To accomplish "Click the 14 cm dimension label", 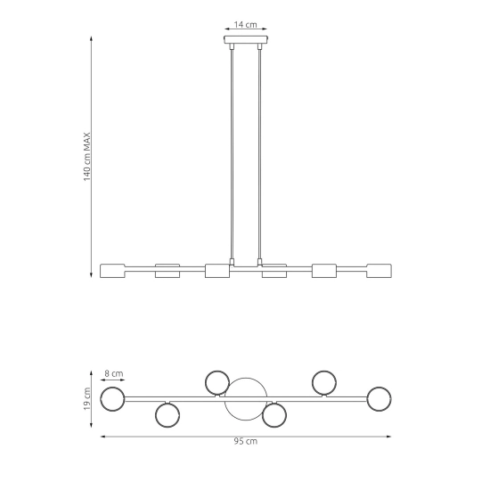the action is pos(246,24).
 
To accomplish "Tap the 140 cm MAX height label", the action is pos(87,157).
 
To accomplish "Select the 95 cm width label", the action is pos(246,441).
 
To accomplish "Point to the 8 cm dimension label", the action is pos(114,373).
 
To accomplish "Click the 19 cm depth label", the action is pos(87,399).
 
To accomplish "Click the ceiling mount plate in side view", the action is pos(246,39).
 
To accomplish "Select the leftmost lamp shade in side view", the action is pos(112,271).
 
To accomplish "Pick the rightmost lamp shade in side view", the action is pos(379,271).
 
